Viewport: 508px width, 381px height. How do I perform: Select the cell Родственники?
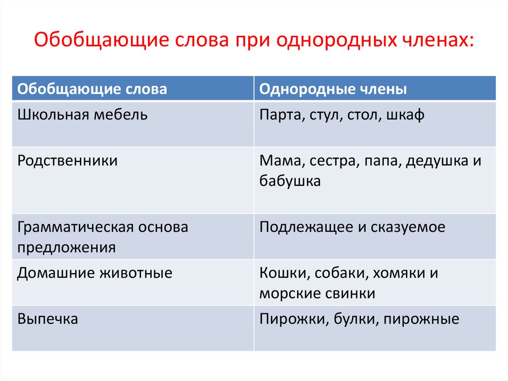pyautogui.click(x=67, y=160)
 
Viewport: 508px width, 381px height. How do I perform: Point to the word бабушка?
pyautogui.click(x=290, y=181)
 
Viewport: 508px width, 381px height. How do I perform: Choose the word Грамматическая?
pyautogui.click(x=75, y=228)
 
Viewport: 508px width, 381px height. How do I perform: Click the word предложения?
pyautogui.click(x=66, y=248)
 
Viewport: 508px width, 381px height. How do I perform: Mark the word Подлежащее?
pyautogui.click(x=306, y=228)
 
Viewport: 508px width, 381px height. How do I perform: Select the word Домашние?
pyautogui.click(x=56, y=273)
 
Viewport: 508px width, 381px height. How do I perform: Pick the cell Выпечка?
pyautogui.click(x=48, y=319)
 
